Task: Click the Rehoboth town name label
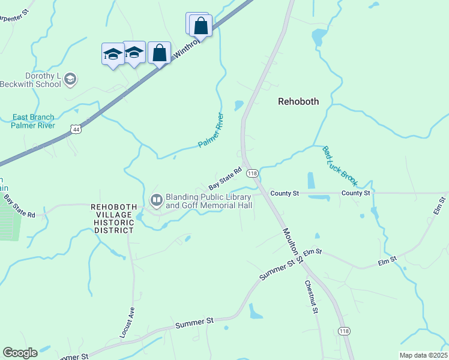point(298,101)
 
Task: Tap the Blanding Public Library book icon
point(157,199)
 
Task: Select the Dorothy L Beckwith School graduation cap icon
point(70,79)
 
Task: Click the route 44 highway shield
point(75,128)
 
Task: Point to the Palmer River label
point(211,130)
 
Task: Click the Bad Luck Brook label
point(340,166)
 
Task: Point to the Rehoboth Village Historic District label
point(112,218)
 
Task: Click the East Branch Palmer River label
point(33,121)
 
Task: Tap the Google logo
point(20,352)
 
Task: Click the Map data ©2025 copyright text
point(423,355)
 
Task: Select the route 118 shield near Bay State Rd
point(252,173)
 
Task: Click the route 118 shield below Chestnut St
point(344,331)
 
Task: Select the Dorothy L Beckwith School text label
point(35,80)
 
